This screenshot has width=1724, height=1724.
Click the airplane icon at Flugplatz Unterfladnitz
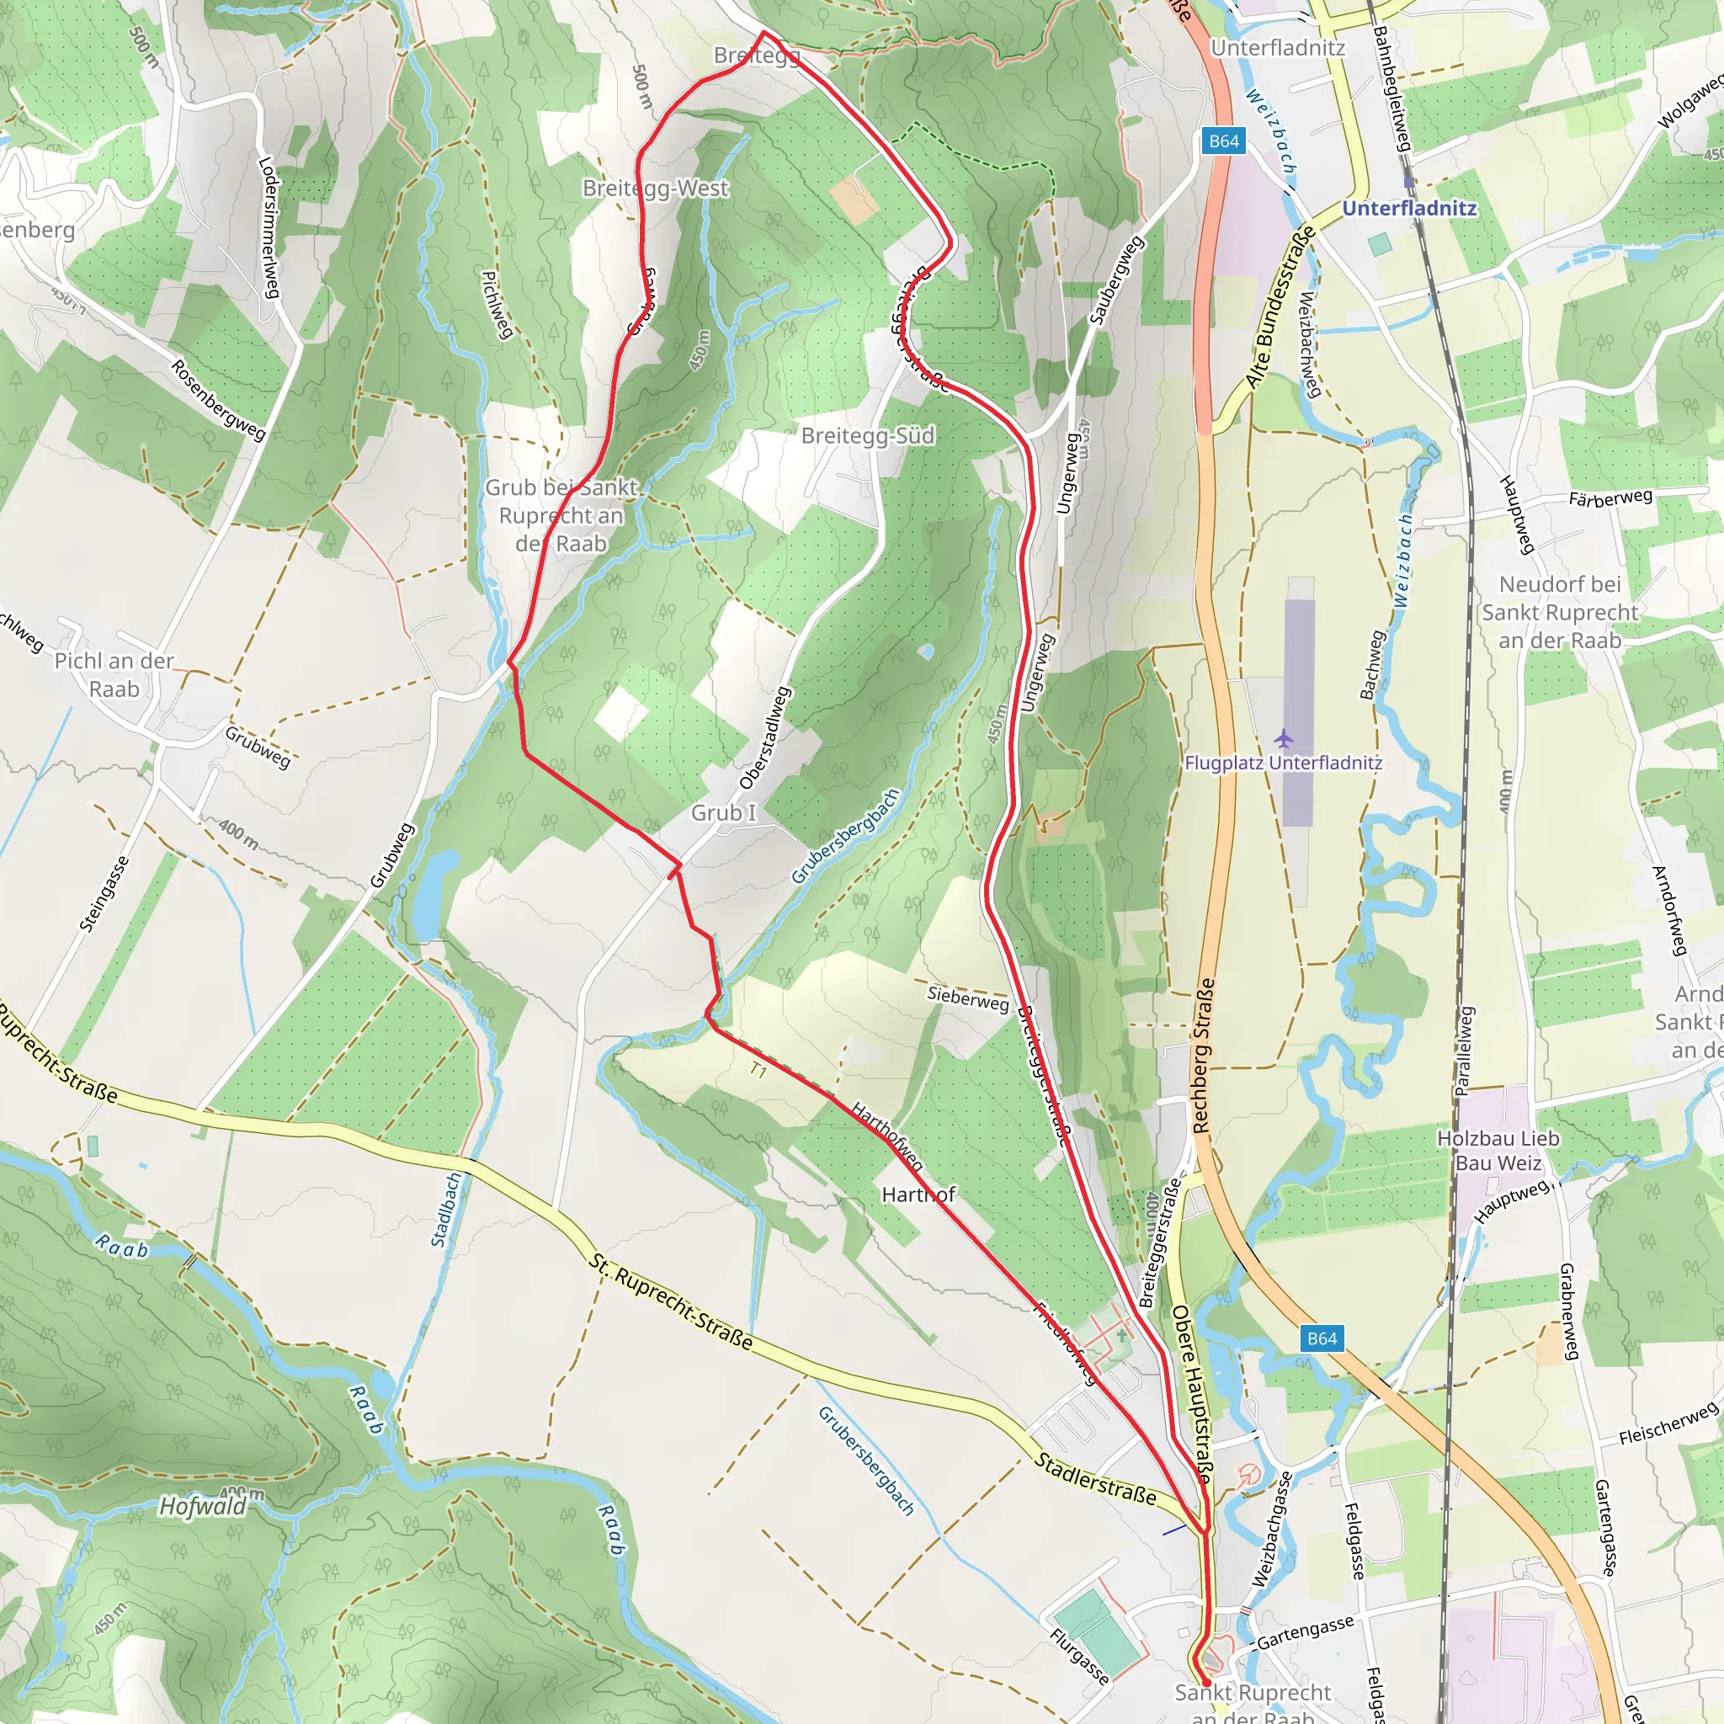click(x=1283, y=738)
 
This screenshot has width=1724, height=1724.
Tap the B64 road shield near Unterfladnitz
click(x=1223, y=141)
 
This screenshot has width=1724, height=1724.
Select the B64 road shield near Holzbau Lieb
click(x=1322, y=1338)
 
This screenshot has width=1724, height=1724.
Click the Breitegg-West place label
click(x=655, y=189)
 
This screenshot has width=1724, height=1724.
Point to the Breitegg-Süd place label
click(x=867, y=435)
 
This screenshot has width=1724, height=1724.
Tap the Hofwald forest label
click(x=203, y=1507)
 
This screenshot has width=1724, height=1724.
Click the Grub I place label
click(x=723, y=812)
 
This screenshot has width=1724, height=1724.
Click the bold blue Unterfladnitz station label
click(x=1409, y=208)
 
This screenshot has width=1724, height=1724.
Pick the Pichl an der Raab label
click(x=114, y=674)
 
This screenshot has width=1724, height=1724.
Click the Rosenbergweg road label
click(x=218, y=400)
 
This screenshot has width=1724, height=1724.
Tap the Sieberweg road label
click(x=967, y=998)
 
